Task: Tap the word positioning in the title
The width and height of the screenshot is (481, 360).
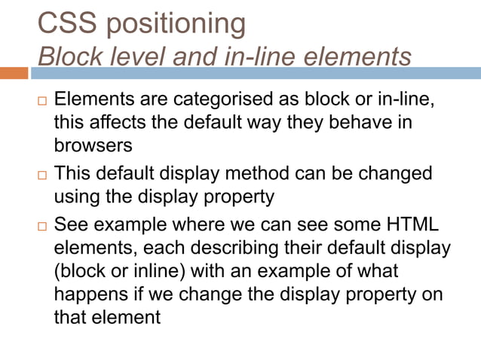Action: pyautogui.click(x=176, y=25)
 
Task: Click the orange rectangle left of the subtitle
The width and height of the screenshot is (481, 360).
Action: pyautogui.click(x=14, y=73)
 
